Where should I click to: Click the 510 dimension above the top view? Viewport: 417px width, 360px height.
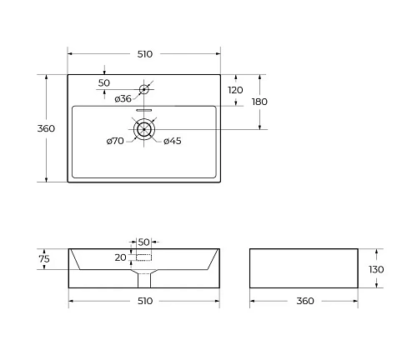pyautogui.click(x=143, y=54)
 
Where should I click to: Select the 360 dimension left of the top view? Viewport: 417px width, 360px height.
pyautogui.click(x=47, y=128)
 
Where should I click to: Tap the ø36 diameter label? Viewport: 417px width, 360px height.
pyautogui.click(x=123, y=98)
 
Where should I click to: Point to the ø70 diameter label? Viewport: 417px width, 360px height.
pyautogui.click(x=115, y=141)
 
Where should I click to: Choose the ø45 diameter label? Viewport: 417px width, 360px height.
pyautogui.click(x=173, y=141)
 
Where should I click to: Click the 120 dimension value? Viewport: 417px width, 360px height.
pyautogui.click(x=235, y=90)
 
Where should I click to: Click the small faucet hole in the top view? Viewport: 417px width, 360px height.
pyautogui.click(x=143, y=89)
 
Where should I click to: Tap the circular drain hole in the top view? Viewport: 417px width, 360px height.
pyautogui.click(x=144, y=128)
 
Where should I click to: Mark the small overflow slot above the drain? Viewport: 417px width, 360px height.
pyautogui.click(x=144, y=109)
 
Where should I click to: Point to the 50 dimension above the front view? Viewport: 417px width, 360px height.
pyautogui.click(x=143, y=241)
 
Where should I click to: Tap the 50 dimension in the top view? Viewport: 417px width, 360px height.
pyautogui.click(x=104, y=82)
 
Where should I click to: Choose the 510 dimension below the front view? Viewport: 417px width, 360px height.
pyautogui.click(x=143, y=301)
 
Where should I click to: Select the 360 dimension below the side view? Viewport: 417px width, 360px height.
pyautogui.click(x=304, y=301)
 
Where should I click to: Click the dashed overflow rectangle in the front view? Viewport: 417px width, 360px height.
pyautogui.click(x=143, y=257)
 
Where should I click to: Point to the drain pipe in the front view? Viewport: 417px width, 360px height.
pyautogui.click(x=143, y=277)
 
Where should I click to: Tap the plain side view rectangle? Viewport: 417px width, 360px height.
pyautogui.click(x=304, y=268)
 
